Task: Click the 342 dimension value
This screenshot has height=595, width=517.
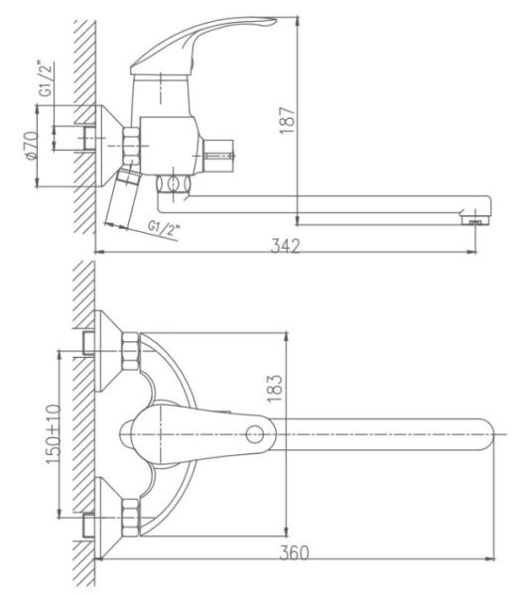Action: pyautogui.click(x=286, y=246)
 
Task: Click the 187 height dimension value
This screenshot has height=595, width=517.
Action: pyautogui.click(x=287, y=120)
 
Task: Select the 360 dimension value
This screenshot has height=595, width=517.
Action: pyautogui.click(x=294, y=553)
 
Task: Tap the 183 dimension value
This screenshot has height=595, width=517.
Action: pyautogui.click(x=275, y=388)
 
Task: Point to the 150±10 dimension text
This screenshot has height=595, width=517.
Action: pyautogui.click(x=54, y=434)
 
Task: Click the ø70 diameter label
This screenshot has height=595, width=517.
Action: pyautogui.click(x=31, y=145)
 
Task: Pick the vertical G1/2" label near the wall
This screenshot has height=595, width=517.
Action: pyautogui.click(x=46, y=78)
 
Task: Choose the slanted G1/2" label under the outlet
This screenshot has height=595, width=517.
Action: pyautogui.click(x=164, y=229)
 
